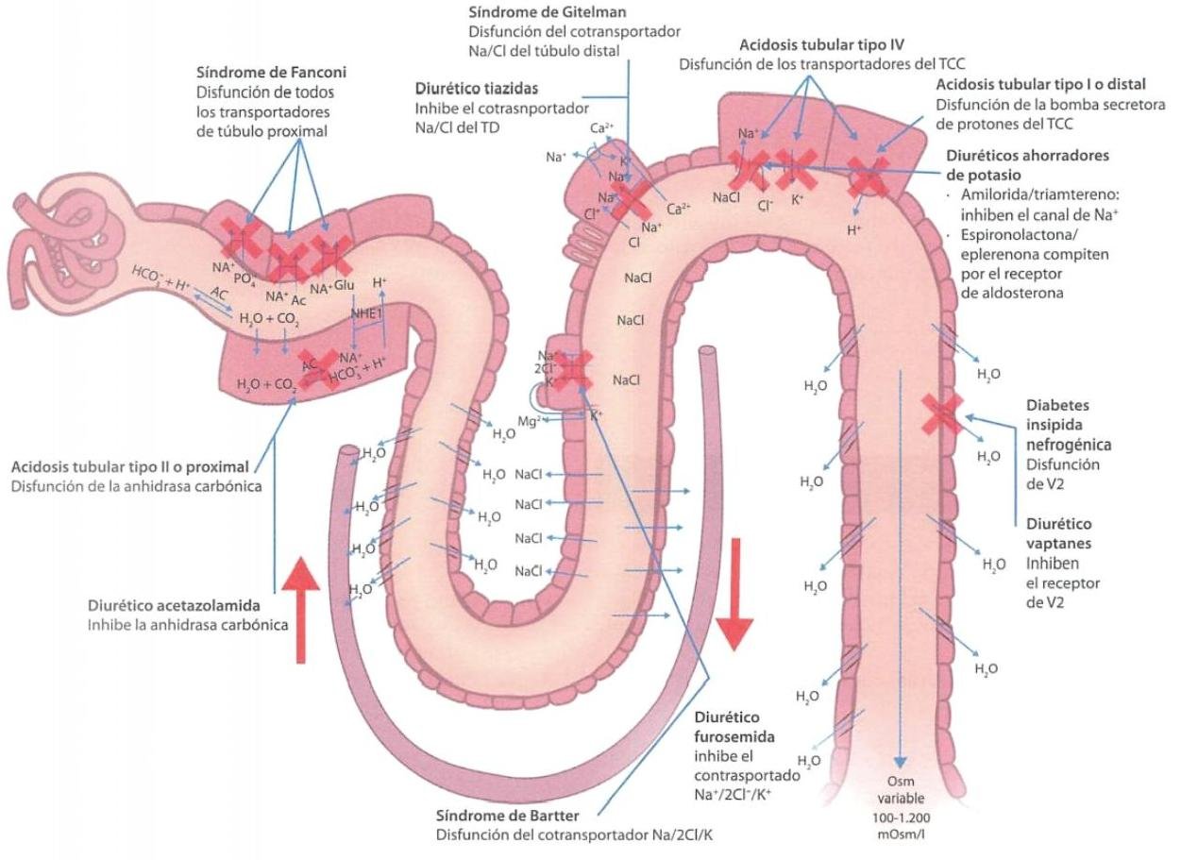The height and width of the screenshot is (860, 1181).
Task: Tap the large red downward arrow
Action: (733, 604)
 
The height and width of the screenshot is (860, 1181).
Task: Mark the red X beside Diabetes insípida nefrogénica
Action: (943, 413)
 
